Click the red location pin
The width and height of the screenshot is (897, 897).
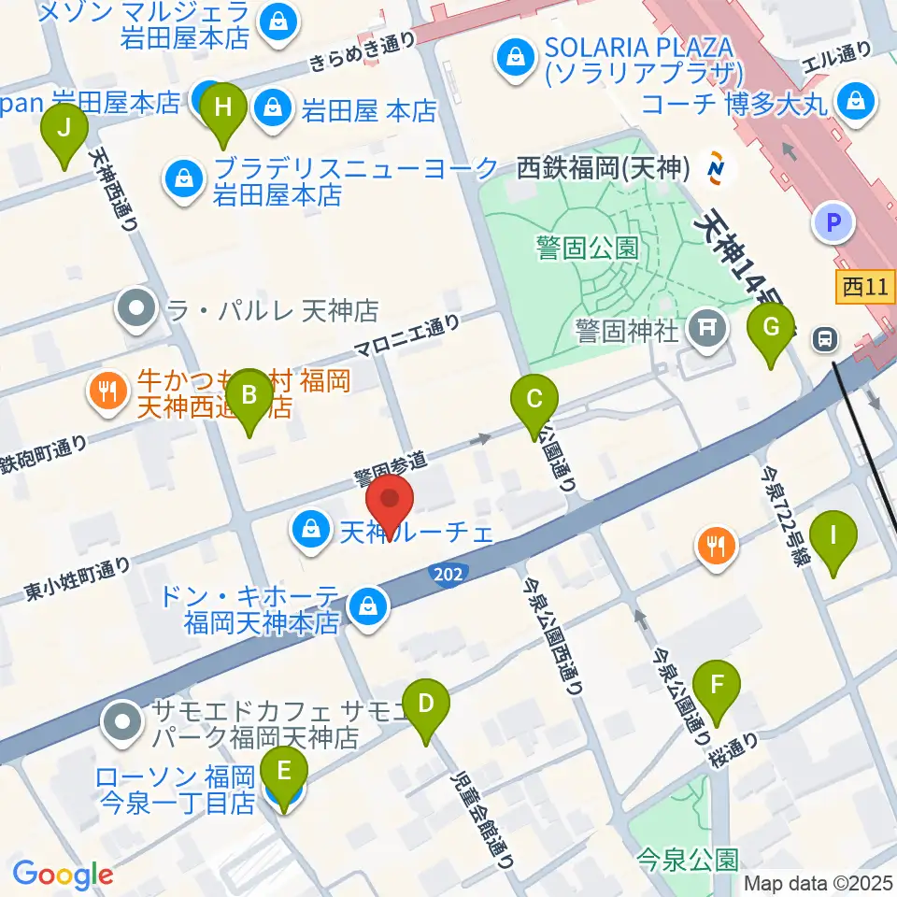pyautogui.click(x=389, y=505)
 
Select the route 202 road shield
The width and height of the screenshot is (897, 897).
pyautogui.click(x=449, y=572)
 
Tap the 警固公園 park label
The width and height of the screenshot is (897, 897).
pyautogui.click(x=587, y=248)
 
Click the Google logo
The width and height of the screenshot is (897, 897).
pyautogui.click(x=63, y=875)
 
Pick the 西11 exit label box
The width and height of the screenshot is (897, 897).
pyautogui.click(x=865, y=288)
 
